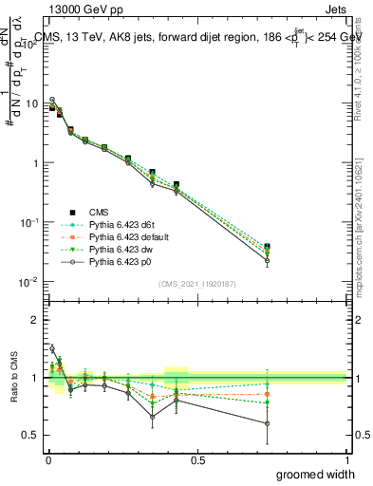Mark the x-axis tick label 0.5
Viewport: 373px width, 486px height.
(196, 458)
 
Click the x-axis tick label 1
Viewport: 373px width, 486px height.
(345, 458)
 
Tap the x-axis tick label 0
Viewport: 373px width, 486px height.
(48, 458)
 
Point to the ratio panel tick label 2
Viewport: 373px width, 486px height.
(35, 320)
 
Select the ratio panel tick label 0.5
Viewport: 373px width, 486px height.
(30, 436)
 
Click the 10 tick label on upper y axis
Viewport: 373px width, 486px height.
(31, 103)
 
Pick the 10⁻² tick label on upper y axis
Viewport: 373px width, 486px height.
(29, 282)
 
